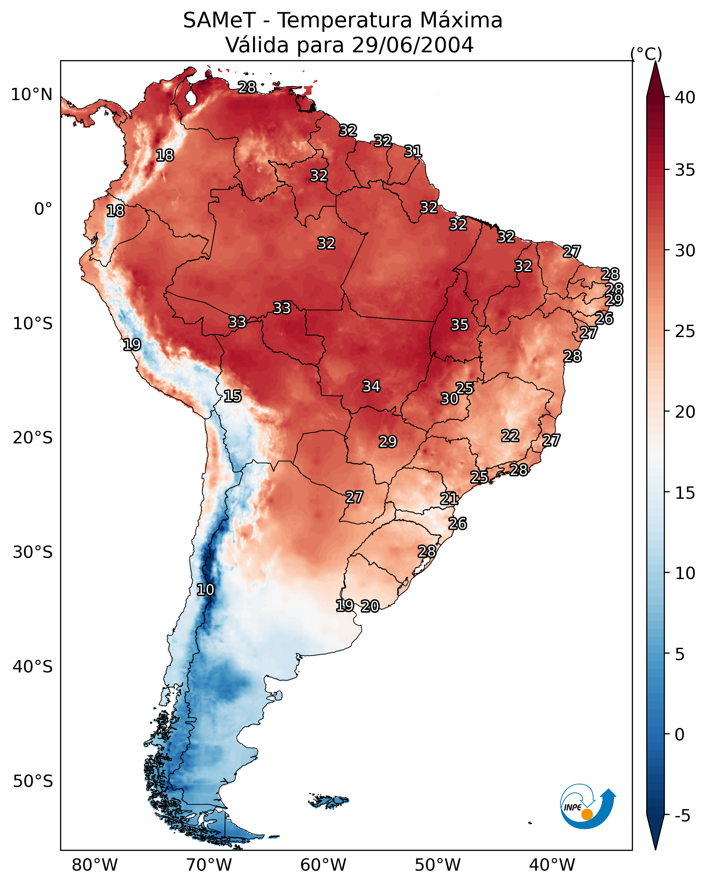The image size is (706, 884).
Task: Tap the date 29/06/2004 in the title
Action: [412, 45]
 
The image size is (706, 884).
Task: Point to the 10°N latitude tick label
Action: [31, 95]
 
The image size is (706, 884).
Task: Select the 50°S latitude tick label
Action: [32, 781]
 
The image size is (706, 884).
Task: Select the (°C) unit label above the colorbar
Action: [646, 54]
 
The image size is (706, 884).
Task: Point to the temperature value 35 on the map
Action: [459, 325]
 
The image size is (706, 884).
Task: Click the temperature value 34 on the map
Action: [371, 386]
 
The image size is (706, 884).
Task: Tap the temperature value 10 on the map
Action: [205, 590]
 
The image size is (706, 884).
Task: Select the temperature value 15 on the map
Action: [232, 396]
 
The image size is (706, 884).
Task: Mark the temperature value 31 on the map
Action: [413, 151]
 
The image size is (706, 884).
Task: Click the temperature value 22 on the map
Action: [510, 436]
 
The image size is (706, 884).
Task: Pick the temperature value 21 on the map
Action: [449, 499]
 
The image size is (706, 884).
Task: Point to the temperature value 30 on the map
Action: [449, 399]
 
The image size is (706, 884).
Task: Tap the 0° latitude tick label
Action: [43, 209]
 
